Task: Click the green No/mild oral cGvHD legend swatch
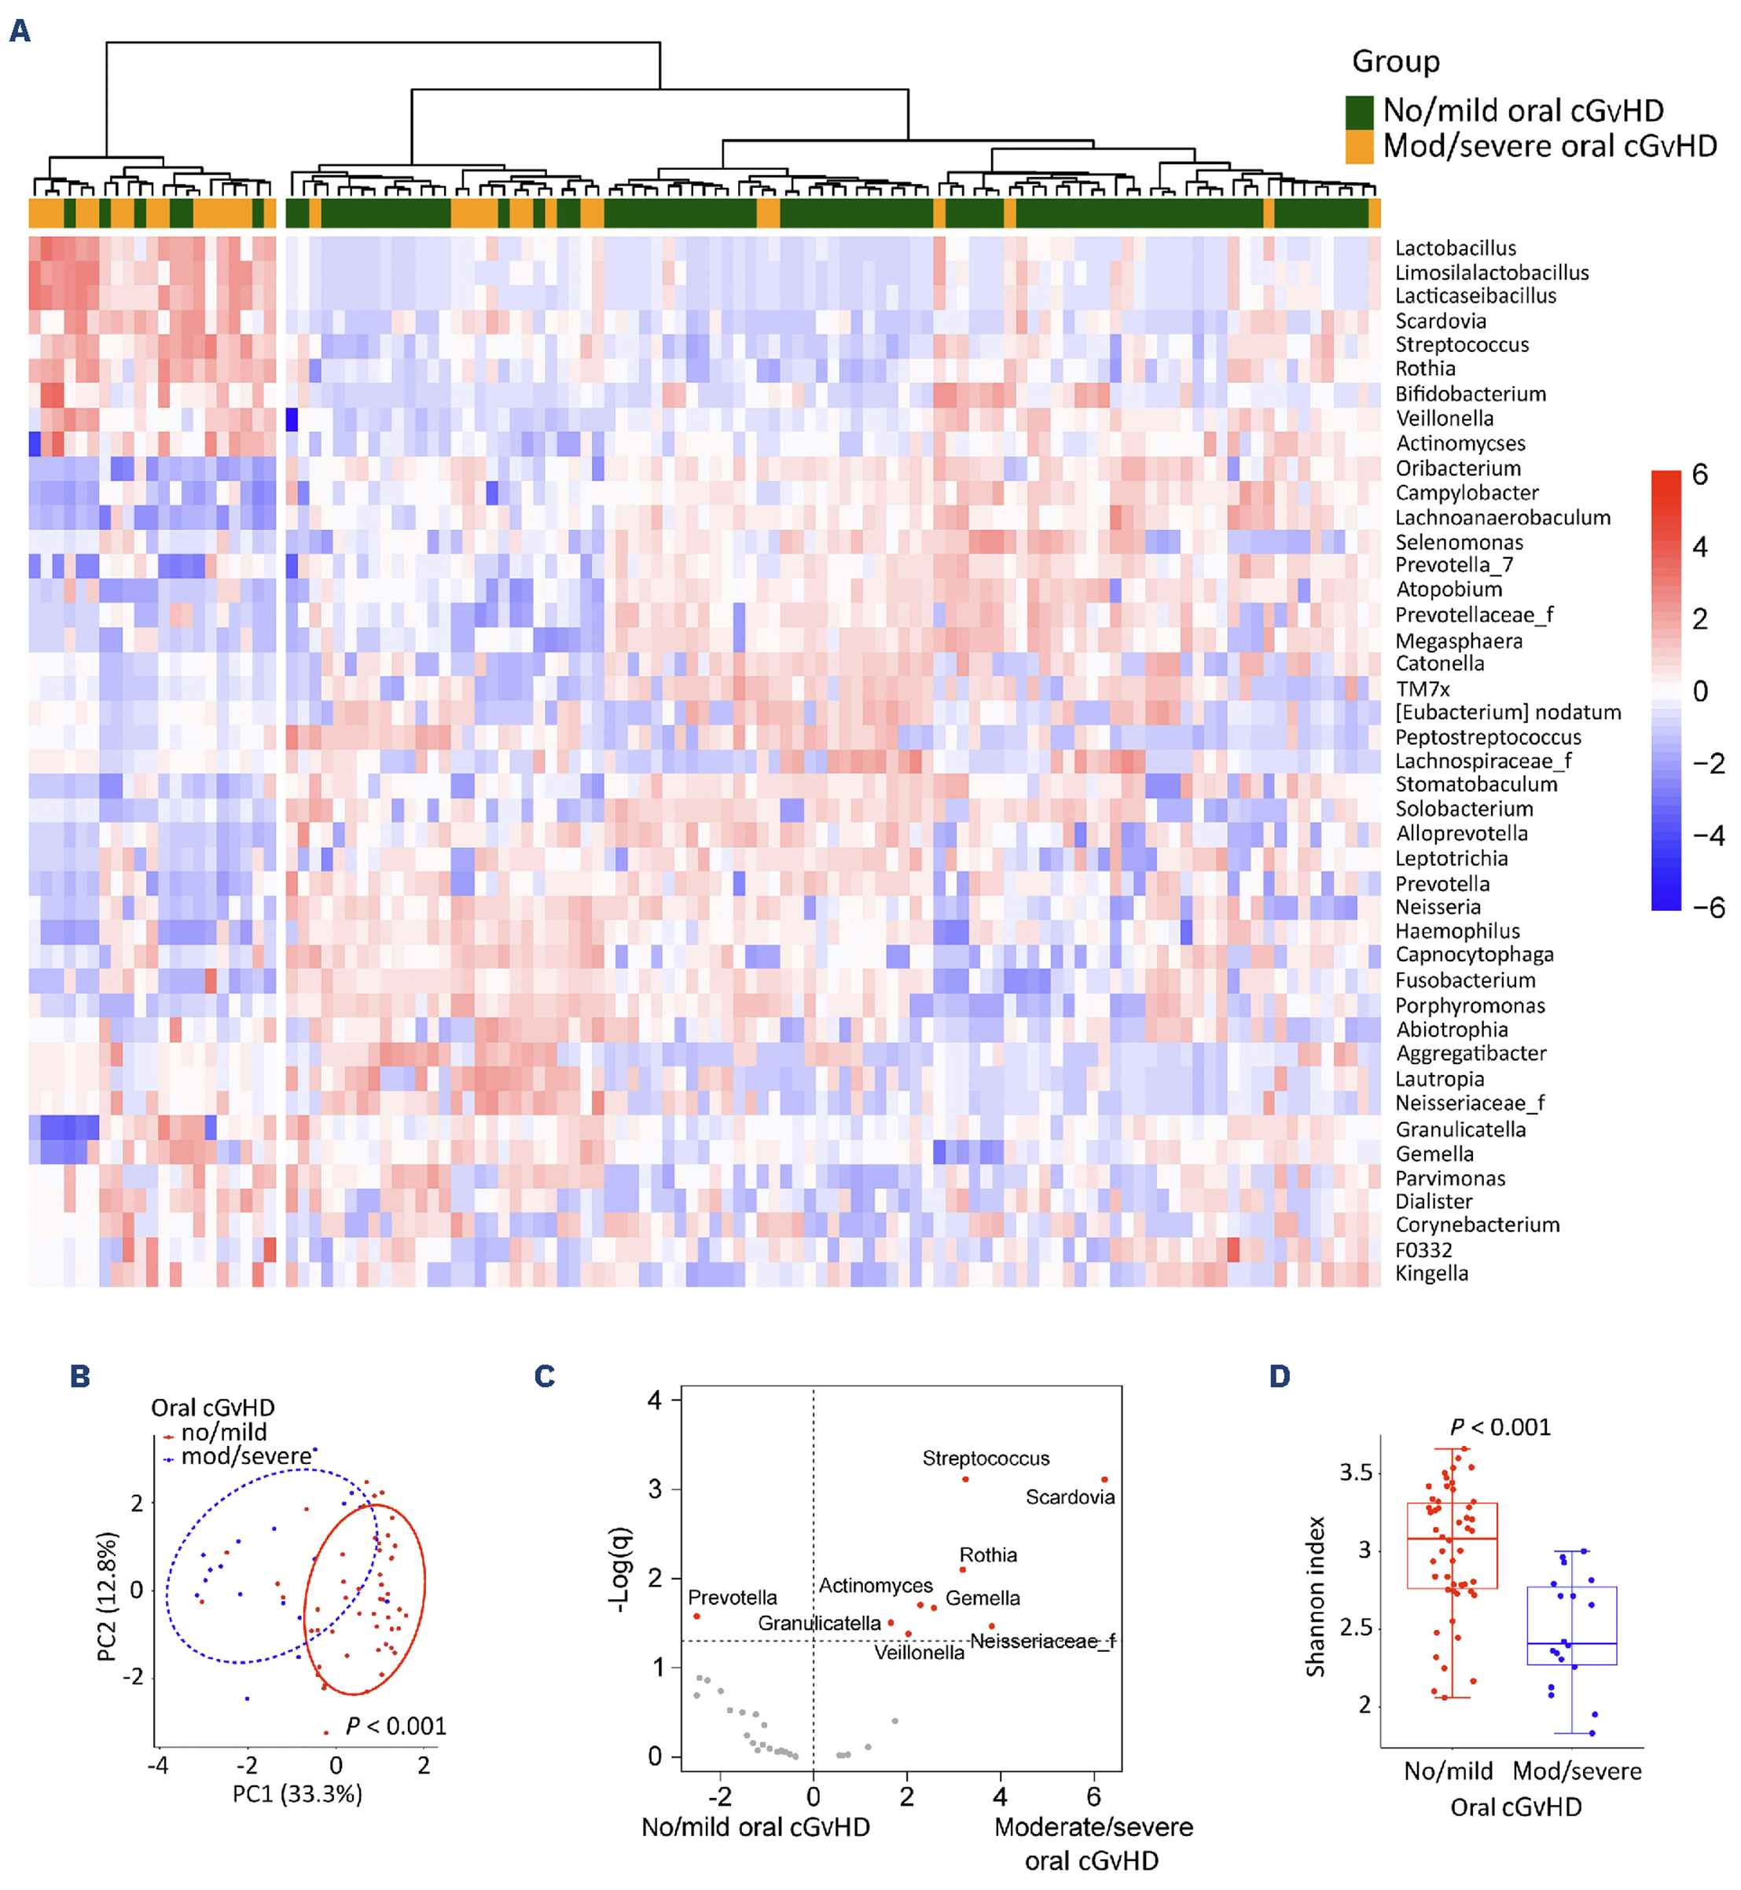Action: pyautogui.click(x=1358, y=111)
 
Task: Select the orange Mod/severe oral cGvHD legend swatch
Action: pyautogui.click(x=1358, y=147)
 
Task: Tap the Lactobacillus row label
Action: pyautogui.click(x=1455, y=248)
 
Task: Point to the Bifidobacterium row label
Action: pyautogui.click(x=1470, y=394)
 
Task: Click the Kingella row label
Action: pyautogui.click(x=1431, y=1273)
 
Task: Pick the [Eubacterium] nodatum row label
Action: pyautogui.click(x=1508, y=712)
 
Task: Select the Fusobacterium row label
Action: pyautogui.click(x=1465, y=980)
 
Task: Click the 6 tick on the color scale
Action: pyautogui.click(x=1699, y=475)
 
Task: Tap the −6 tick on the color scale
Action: pyautogui.click(x=1707, y=908)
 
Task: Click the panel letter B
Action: pyautogui.click(x=80, y=1377)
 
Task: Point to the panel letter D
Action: pyautogui.click(x=1280, y=1377)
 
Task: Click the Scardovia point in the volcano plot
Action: pyautogui.click(x=1104, y=1480)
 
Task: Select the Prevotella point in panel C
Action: pyautogui.click(x=696, y=1616)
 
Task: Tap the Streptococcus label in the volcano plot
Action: pyautogui.click(x=986, y=1459)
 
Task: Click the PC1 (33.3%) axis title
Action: pyautogui.click(x=297, y=1793)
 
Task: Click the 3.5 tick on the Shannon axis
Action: pyautogui.click(x=1355, y=1472)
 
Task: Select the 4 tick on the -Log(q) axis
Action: pyautogui.click(x=655, y=1400)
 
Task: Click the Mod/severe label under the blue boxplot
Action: pyautogui.click(x=1576, y=1771)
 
